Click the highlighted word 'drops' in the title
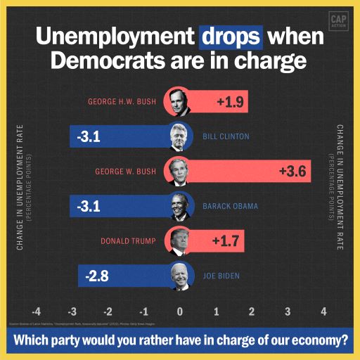tap(231, 36)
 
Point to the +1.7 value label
tap(226, 241)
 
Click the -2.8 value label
tap(98, 276)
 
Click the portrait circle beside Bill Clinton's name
tap(181, 136)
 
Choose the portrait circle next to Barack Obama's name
tap(181, 206)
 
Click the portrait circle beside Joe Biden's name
tap(181, 276)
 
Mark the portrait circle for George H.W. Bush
tap(176, 102)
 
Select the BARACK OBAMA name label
tap(230, 206)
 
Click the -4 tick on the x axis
tap(37, 311)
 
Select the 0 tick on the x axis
tap(180, 311)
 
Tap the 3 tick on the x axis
tap(288, 311)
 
